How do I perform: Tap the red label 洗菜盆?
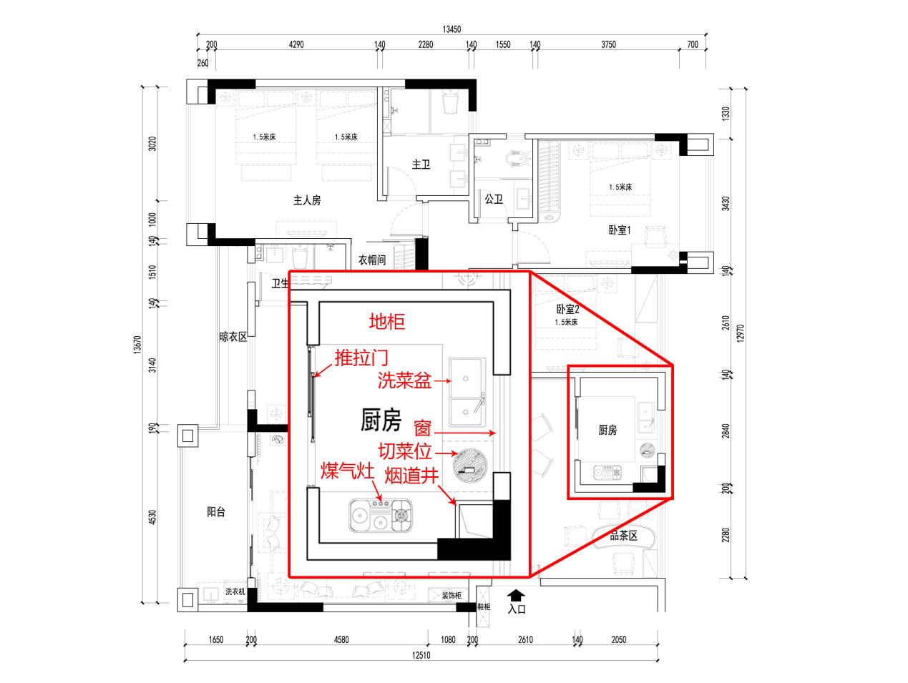coord(404,382)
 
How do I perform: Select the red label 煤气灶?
coord(347,471)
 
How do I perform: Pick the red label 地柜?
coord(386,322)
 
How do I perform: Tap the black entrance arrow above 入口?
coord(516,595)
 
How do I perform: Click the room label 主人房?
coord(307,200)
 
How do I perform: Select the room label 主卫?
coord(421,164)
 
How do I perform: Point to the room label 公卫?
coord(493,198)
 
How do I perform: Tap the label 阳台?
coord(216,511)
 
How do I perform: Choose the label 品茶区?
coord(623,535)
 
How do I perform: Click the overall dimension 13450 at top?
coord(451,29)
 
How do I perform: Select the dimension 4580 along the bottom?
coord(341,639)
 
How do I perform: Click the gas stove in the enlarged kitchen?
coord(381,514)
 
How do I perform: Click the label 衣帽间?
coord(372,260)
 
